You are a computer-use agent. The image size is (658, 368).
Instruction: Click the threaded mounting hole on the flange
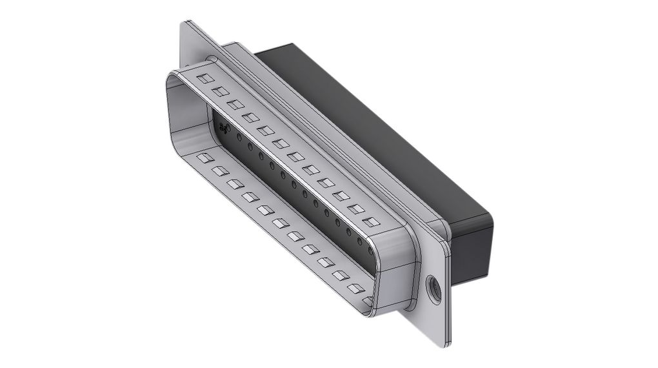click(x=434, y=288)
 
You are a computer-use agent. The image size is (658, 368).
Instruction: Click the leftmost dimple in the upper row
click(x=205, y=79)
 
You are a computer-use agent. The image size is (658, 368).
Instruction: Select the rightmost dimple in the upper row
click(x=370, y=222)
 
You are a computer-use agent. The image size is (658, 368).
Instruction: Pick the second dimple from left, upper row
click(x=221, y=92)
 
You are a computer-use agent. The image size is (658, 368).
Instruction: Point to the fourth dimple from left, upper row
click(x=250, y=118)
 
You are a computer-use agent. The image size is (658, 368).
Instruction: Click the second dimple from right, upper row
click(x=355, y=209)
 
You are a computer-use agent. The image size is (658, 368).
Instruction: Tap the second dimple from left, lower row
click(x=220, y=170)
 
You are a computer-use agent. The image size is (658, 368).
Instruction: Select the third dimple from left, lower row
click(x=235, y=184)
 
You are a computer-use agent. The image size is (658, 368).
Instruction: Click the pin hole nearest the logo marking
click(x=239, y=138)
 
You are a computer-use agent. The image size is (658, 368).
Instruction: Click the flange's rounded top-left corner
click(x=186, y=27)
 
